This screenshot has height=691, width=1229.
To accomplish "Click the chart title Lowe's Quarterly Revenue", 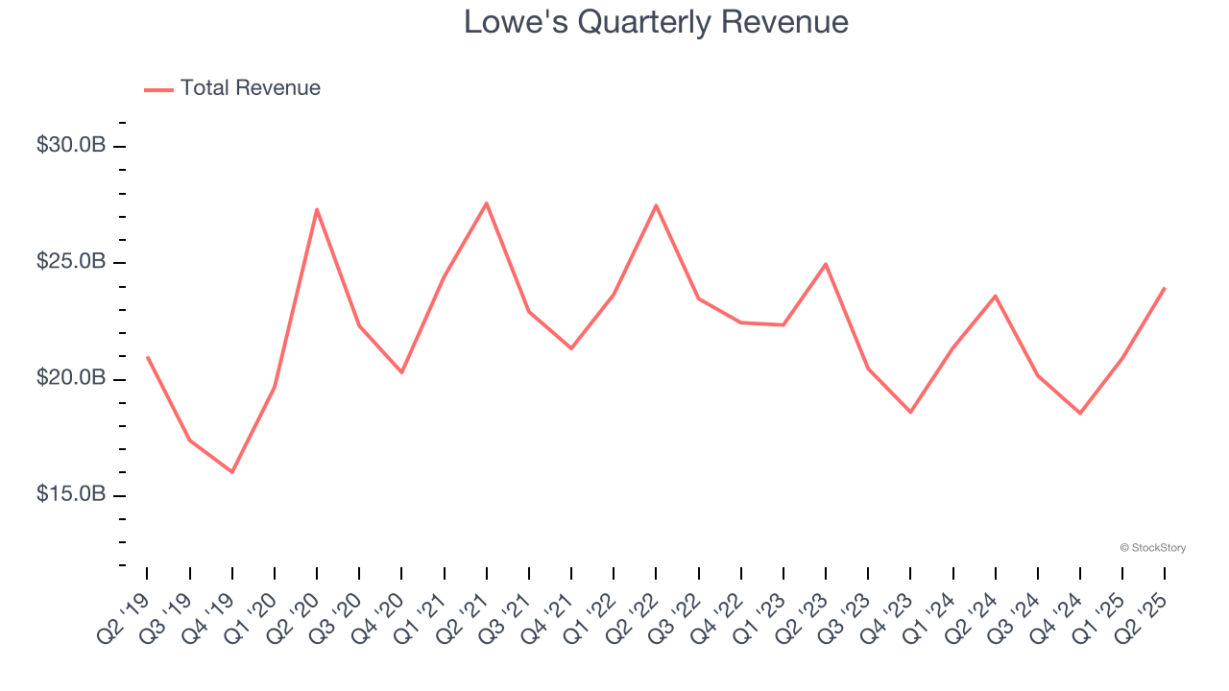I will tap(656, 22).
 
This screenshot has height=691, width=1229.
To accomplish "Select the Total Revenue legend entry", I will tap(232, 88).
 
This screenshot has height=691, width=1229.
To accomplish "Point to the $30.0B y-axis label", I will tap(71, 146).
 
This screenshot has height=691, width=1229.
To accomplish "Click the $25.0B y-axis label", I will tap(71, 262).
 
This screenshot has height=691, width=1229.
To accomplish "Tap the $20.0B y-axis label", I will tap(71, 378).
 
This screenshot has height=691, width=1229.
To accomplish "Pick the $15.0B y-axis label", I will tap(71, 494).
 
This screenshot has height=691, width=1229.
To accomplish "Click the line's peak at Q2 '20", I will tap(317, 209).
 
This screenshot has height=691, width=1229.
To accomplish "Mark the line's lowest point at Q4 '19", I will tap(231, 472).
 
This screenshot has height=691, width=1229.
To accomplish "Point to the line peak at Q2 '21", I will tap(487, 203).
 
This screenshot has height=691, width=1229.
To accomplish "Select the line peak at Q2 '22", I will tap(656, 205).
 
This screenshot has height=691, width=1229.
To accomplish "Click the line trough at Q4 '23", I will tap(910, 412).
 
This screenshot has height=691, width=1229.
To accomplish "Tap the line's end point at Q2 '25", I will tap(1165, 288).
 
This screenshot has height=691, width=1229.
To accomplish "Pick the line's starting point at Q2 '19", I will tap(147, 357).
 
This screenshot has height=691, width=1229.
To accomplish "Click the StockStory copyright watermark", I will tap(1152, 548).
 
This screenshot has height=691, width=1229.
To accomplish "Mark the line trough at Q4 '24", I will tap(1080, 414).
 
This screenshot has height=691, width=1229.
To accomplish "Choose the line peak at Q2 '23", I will tap(826, 264).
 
